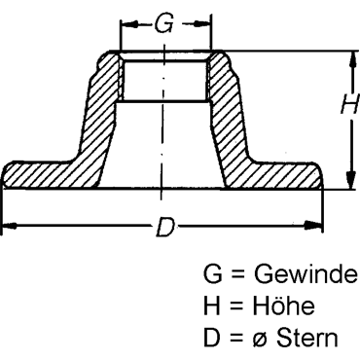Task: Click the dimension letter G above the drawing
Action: (x=163, y=24)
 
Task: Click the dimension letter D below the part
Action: (x=165, y=227)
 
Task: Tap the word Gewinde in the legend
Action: (x=306, y=274)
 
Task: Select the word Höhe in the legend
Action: (x=284, y=306)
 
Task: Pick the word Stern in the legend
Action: (x=306, y=338)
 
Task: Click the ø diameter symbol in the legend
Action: (x=260, y=340)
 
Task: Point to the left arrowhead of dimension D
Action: (x=9, y=226)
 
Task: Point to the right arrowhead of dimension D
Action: (x=313, y=225)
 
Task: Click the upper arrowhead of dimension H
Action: (x=350, y=60)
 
